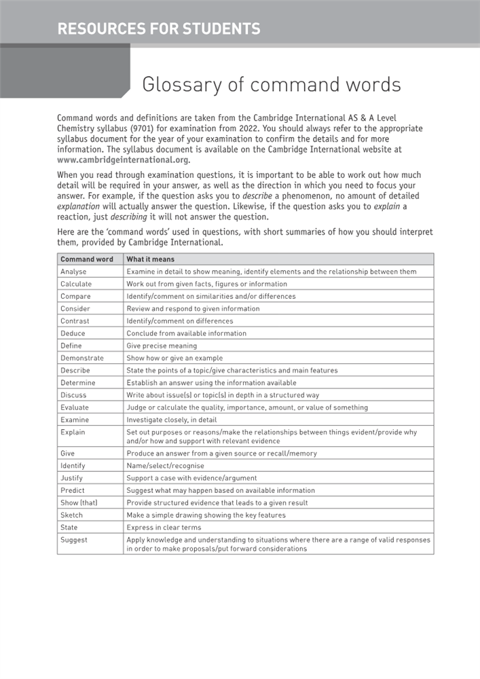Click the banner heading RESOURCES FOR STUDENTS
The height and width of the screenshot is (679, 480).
159,29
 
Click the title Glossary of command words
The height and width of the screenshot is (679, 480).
271,85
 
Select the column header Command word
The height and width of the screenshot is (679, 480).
87,259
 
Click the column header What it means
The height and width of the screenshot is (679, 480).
150,259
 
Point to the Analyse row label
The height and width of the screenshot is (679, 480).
73,272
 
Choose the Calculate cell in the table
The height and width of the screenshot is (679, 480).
75,284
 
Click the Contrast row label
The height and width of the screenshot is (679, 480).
75,321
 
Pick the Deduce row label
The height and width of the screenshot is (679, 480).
73,333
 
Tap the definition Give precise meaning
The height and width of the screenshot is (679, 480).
162,346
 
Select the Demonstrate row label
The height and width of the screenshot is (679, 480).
81,358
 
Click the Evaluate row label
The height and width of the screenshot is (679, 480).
74,407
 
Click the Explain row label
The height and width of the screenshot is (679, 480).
73,432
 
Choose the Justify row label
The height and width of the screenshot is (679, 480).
72,478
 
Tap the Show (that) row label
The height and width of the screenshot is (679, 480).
78,502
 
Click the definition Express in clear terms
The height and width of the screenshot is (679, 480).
164,527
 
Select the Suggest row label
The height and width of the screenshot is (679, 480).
73,540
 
